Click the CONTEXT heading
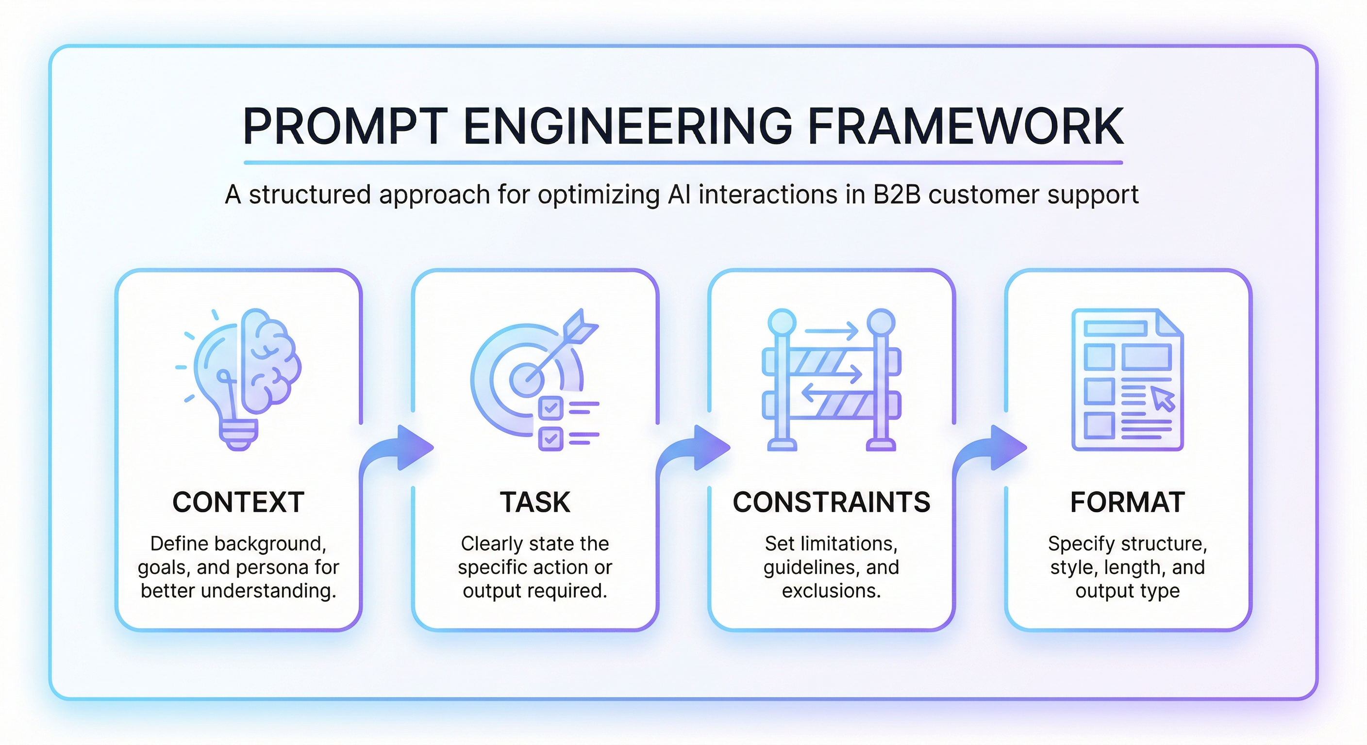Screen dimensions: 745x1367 click(238, 502)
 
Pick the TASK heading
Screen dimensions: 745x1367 click(535, 502)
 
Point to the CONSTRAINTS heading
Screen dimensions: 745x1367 click(832, 502)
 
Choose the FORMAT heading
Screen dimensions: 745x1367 click(1128, 502)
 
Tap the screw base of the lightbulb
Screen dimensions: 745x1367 click(239, 435)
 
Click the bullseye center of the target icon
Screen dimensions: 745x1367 click(526, 379)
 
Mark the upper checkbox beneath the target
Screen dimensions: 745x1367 click(550, 408)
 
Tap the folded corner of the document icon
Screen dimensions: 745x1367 click(1169, 323)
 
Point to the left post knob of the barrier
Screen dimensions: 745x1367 click(782, 322)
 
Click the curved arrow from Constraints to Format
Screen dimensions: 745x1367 click(990, 451)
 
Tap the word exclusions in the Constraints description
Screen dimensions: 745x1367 click(831, 591)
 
